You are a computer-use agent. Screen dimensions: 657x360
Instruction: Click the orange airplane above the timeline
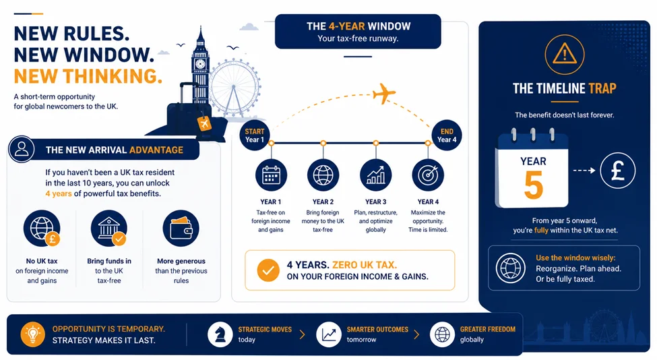pos(383,94)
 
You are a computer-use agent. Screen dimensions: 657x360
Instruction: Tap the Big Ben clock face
pos(200,63)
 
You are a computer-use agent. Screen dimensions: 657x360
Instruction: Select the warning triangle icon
pos(565,54)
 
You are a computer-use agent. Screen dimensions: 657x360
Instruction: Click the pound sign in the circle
pos(618,170)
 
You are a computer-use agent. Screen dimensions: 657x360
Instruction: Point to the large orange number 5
pos(534,185)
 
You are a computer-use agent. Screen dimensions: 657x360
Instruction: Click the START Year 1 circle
pos(254,136)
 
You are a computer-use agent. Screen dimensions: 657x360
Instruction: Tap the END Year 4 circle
pos(447,136)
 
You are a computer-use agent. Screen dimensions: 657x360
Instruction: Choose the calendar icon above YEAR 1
pos(271,175)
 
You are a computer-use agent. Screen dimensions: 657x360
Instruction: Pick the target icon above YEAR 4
pos(428,175)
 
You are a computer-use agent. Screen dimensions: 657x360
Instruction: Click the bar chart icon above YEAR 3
pos(375,175)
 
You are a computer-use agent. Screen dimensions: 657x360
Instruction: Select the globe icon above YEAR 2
pos(323,175)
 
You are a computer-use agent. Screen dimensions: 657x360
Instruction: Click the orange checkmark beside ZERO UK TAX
pos(268,270)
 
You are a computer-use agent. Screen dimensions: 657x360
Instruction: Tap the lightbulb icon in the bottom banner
pos(33,334)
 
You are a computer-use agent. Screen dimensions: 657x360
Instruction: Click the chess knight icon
pos(220,334)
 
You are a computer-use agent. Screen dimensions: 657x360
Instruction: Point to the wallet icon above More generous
pos(181,228)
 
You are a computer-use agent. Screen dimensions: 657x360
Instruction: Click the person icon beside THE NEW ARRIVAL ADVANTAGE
pos(22,149)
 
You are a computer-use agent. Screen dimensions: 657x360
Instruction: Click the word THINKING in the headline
pos(113,76)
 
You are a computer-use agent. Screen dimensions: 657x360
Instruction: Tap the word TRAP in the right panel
pos(602,88)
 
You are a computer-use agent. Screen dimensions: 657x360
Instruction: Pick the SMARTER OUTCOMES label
pos(377,330)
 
